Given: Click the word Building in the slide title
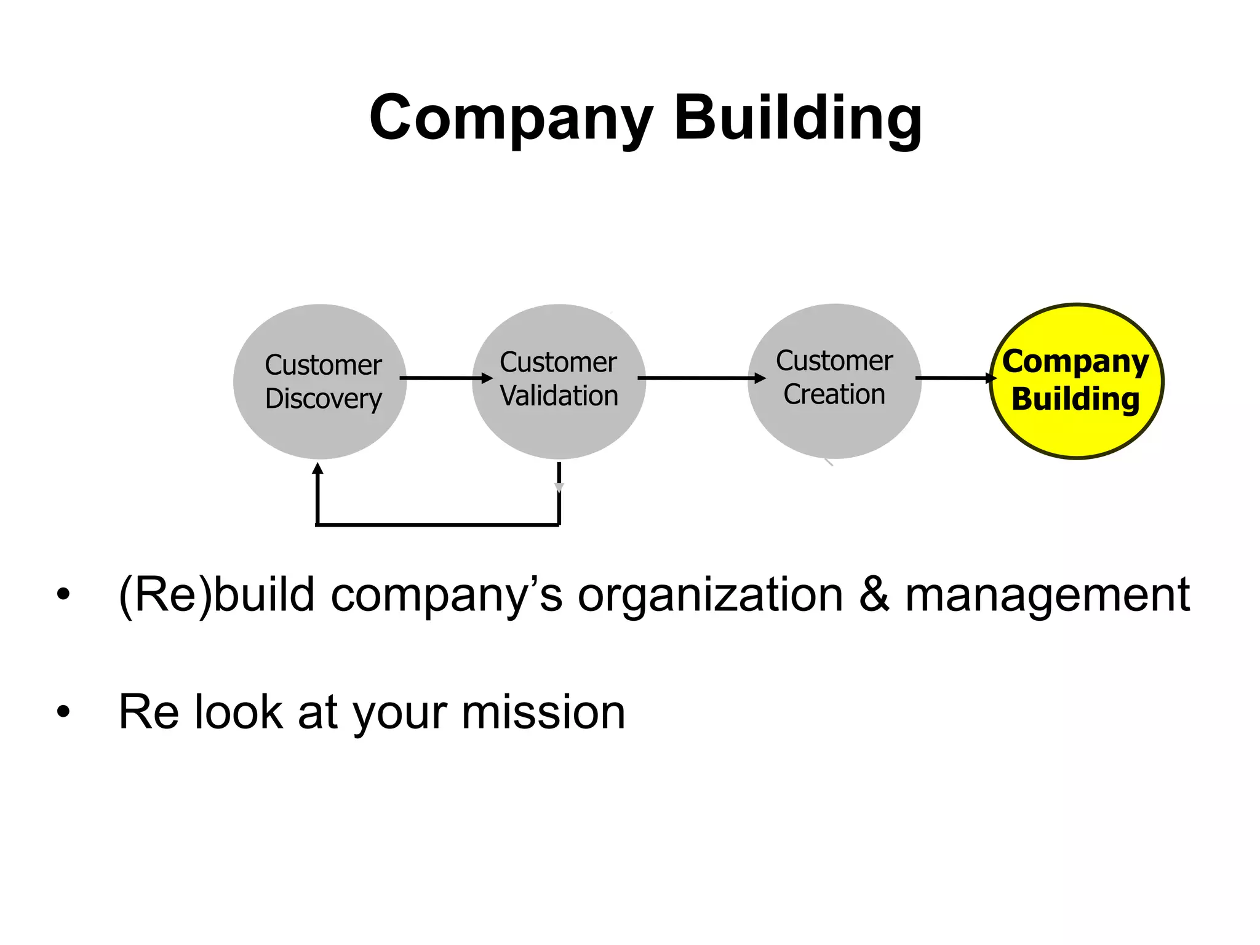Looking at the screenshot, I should [798, 118].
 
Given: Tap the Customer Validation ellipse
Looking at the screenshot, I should [559, 431].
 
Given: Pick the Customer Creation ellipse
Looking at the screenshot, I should [834, 431].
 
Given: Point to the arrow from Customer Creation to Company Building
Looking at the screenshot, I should [954, 378].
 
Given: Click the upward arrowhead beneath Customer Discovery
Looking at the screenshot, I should [317, 469].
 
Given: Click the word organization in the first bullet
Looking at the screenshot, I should [710, 595].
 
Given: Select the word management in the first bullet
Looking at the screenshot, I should [1047, 595].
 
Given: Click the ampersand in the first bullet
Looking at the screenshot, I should [874, 595].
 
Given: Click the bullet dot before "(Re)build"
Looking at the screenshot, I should [63, 595].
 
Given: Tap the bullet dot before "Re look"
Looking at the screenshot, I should [63, 712].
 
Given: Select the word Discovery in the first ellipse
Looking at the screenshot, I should [324, 399].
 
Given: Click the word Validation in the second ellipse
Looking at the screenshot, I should [559, 396].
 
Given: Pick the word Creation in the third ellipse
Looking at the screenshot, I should [834, 394].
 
